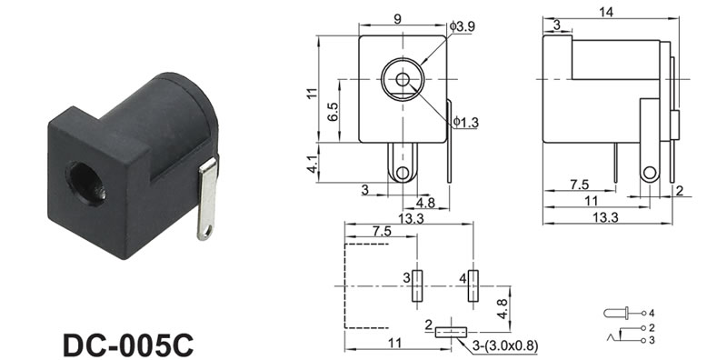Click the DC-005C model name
tap(128, 345)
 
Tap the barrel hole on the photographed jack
tap(86, 184)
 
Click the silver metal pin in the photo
tap(207, 198)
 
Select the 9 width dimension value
tap(397, 18)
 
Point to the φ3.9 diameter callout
tap(463, 26)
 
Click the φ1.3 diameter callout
tap(466, 122)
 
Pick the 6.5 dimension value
tap(333, 111)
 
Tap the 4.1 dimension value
tap(313, 164)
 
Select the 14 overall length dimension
tap(605, 13)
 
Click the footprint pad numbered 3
tap(417, 285)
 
